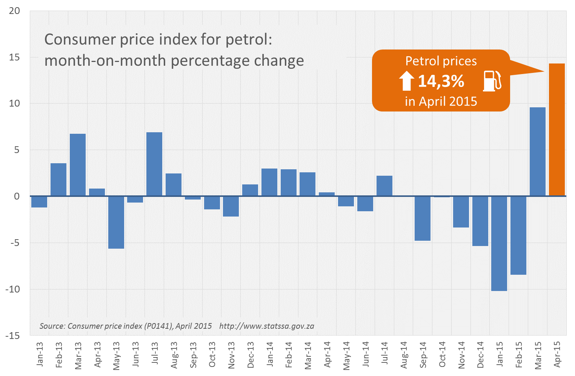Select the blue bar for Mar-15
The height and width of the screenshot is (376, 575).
[537, 152]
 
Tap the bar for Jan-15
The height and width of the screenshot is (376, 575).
[499, 243]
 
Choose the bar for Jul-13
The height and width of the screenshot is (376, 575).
[154, 164]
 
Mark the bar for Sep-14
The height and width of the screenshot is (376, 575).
[422, 218]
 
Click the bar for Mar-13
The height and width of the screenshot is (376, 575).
[78, 165]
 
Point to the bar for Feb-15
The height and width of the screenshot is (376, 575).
[518, 235]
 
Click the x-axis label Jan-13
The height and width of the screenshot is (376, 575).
[40, 354]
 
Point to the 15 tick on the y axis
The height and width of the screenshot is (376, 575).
[14, 57]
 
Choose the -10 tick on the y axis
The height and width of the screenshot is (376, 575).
[12, 289]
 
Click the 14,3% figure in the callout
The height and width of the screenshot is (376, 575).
[441, 81]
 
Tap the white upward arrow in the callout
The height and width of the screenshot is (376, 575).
[406, 81]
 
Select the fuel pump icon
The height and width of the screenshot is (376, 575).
[492, 81]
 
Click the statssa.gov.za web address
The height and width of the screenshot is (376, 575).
[266, 326]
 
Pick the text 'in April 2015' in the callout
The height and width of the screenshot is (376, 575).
[441, 101]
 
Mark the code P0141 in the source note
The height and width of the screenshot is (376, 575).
[158, 326]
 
